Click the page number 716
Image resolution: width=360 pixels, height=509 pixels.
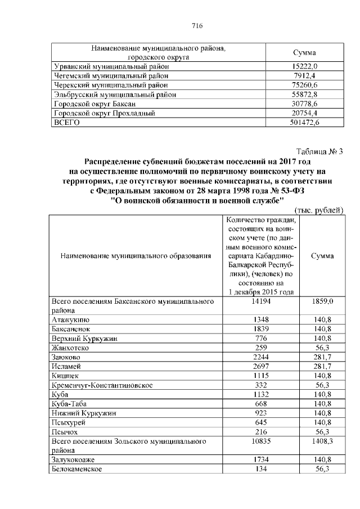coord(197,26)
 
